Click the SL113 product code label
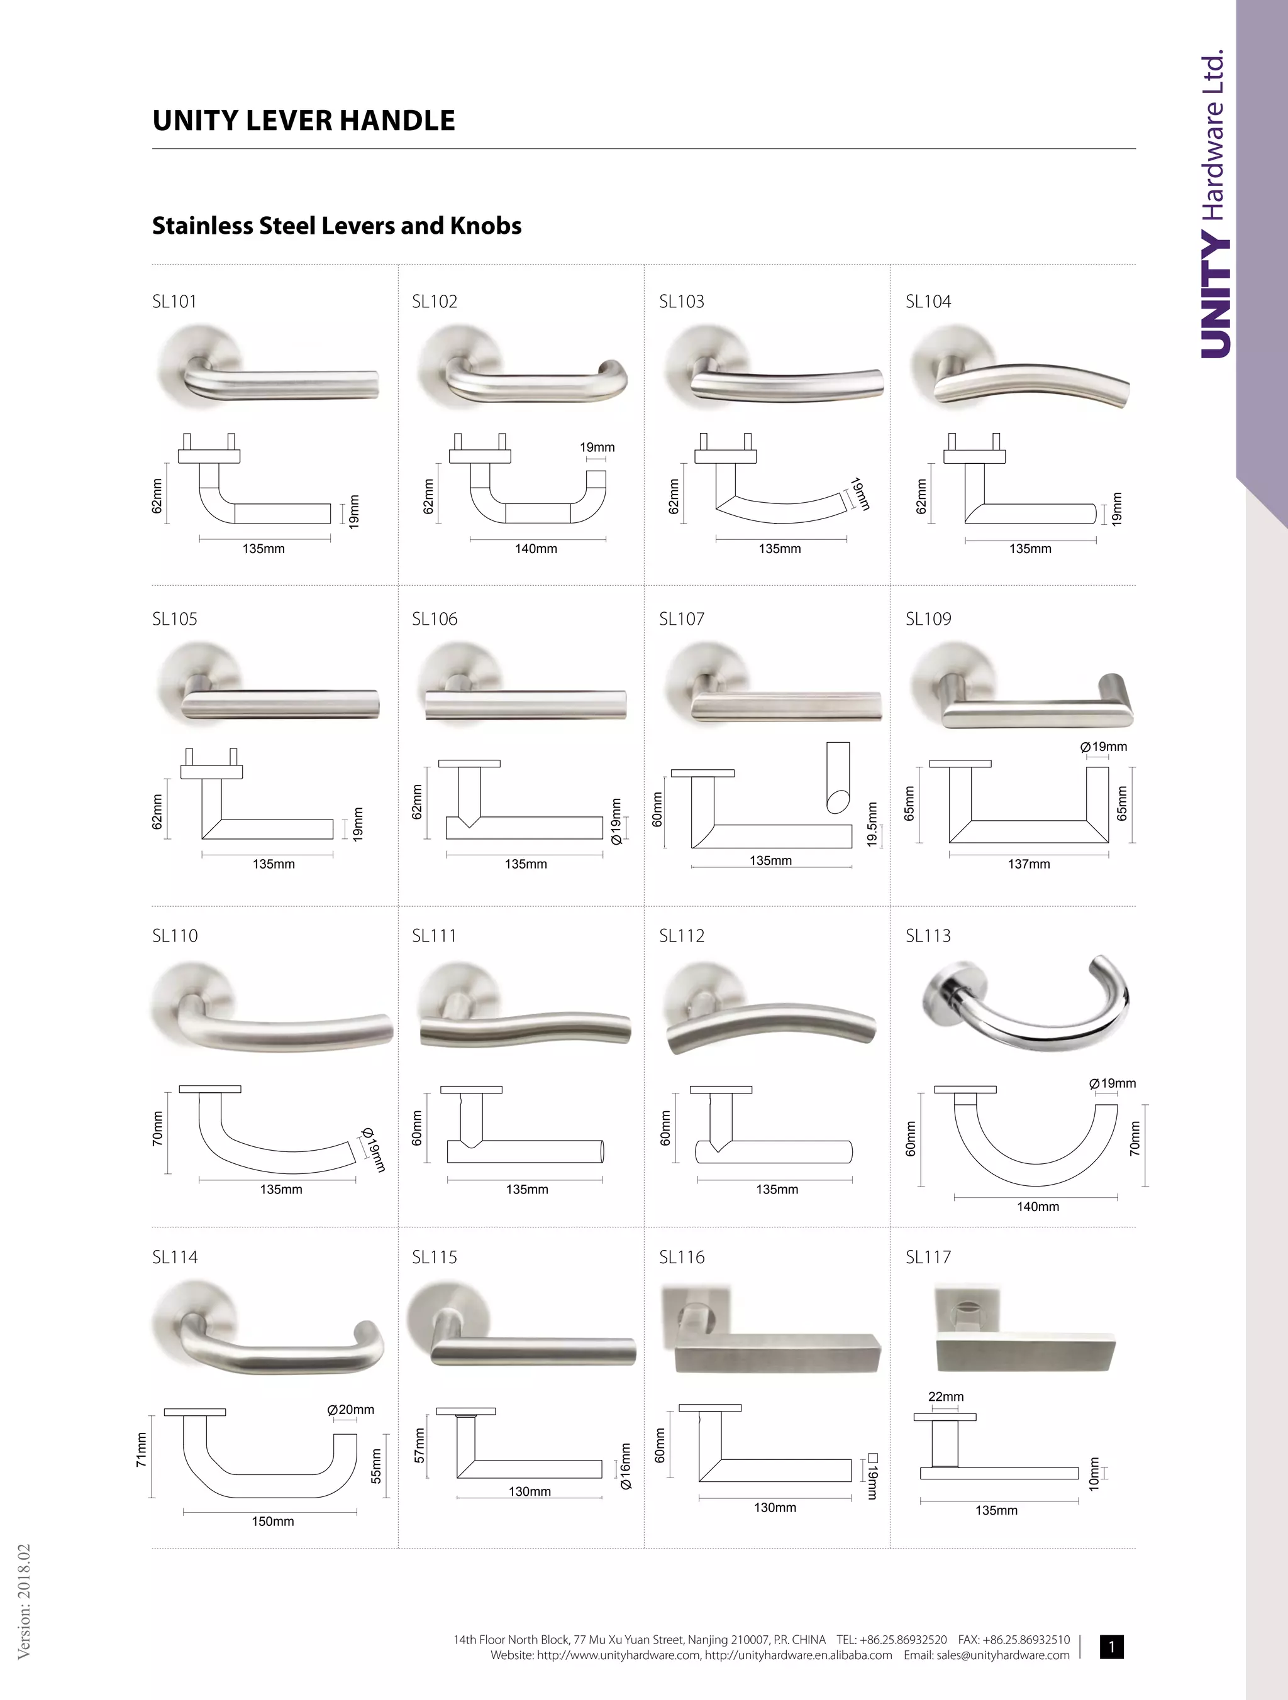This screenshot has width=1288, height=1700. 928,935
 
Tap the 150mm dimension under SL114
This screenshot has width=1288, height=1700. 273,1521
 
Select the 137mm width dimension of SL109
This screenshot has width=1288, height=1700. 1029,864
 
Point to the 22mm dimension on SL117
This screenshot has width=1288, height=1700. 946,1396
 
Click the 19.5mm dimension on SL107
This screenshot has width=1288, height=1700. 872,825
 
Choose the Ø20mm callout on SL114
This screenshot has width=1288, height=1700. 351,1410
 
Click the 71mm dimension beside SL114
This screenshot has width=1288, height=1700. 142,1449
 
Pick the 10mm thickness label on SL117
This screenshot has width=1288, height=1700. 1094,1473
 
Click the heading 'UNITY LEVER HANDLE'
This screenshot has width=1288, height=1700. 304,121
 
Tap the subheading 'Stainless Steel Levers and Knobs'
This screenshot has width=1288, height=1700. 337,226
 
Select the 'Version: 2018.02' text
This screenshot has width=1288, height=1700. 24,1600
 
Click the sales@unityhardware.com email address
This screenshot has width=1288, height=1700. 1002,1655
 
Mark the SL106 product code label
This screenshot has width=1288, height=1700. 435,618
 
